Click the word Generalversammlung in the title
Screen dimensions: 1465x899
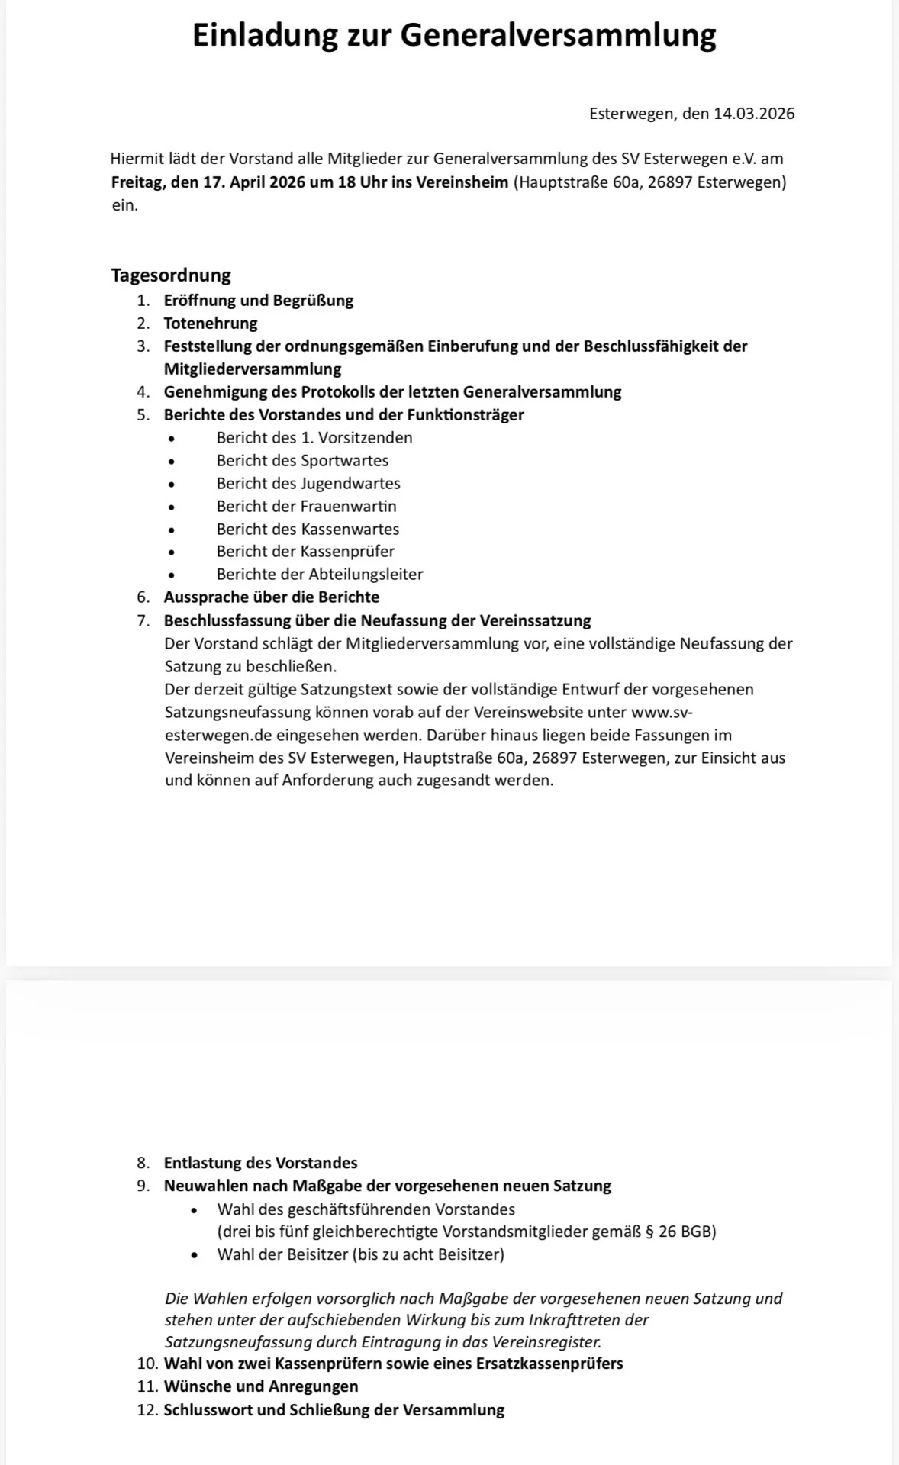pos(558,35)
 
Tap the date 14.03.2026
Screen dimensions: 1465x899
pos(754,114)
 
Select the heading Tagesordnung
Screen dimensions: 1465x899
pos(171,275)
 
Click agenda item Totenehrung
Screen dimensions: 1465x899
pos(211,323)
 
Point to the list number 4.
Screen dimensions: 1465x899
pos(143,391)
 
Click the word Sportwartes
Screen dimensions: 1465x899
pos(345,460)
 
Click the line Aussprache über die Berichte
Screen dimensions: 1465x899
pos(272,597)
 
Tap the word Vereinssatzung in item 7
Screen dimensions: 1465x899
pos(535,620)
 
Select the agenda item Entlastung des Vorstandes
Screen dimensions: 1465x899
pos(260,1163)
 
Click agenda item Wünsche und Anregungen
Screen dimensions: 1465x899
pos(261,1386)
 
